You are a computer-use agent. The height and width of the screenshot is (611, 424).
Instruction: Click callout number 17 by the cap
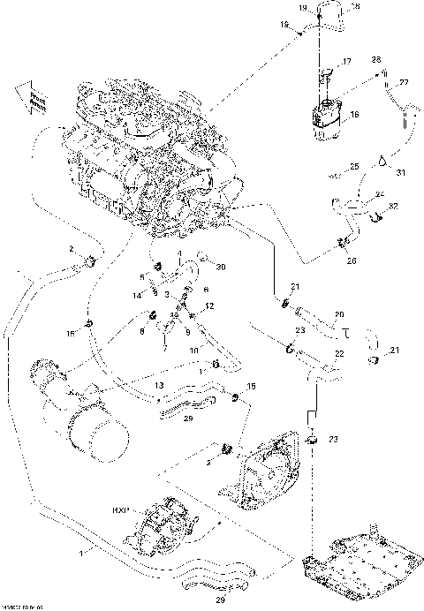coord(346,61)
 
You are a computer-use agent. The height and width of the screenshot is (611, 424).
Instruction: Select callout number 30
coord(221,268)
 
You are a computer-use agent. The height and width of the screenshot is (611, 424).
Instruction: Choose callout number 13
coord(158,385)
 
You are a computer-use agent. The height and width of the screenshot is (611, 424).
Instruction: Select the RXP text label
coord(121,510)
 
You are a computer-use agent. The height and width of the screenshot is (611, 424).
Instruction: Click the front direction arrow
coord(27,100)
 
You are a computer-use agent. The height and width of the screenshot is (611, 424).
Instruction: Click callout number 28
coord(376,60)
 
